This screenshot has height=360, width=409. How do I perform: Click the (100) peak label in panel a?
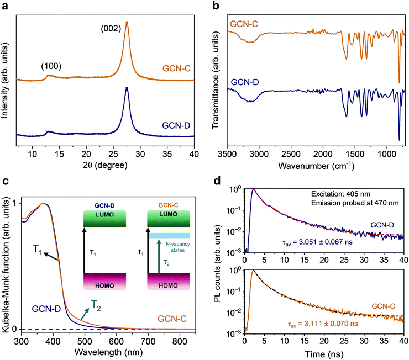51,66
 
